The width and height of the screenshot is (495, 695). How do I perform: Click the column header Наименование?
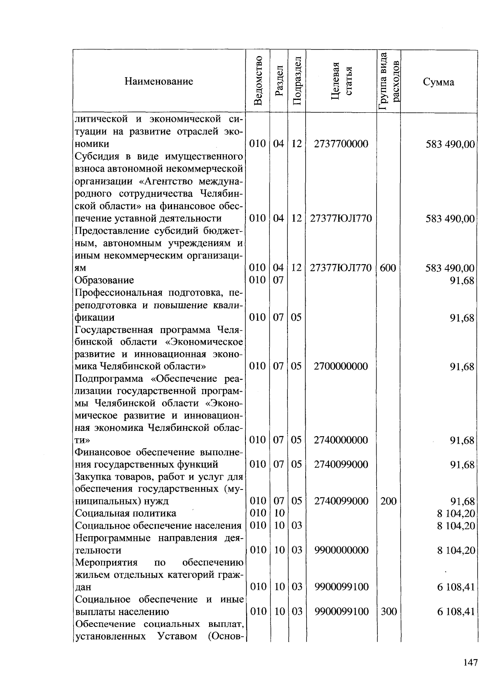click(x=159, y=81)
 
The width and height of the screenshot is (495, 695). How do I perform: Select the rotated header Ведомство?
click(x=258, y=81)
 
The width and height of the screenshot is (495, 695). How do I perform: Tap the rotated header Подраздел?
click(x=297, y=81)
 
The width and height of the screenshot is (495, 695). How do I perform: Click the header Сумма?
click(x=438, y=82)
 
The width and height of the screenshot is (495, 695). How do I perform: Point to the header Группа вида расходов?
click(x=389, y=81)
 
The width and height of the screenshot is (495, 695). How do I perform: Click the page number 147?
click(x=470, y=663)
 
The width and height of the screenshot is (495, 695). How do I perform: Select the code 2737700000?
click(x=341, y=144)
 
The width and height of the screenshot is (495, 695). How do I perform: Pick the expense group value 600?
click(x=388, y=268)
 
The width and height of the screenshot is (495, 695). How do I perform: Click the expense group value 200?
click(x=388, y=501)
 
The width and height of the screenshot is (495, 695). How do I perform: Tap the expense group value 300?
click(x=388, y=611)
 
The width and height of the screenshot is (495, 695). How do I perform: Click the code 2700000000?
click(x=341, y=366)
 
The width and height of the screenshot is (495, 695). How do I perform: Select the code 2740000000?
click(x=341, y=440)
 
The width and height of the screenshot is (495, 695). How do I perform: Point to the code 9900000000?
click(x=341, y=550)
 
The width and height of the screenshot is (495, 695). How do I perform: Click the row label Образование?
click(x=104, y=280)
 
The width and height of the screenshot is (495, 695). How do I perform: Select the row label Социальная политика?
click(x=125, y=513)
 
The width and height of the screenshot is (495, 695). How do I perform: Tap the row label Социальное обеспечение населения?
click(x=158, y=526)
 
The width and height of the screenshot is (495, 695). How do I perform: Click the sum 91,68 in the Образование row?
click(x=462, y=281)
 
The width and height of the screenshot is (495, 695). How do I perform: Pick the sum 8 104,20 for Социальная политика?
click(x=456, y=513)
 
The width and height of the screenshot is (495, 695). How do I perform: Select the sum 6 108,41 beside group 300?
click(x=456, y=611)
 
